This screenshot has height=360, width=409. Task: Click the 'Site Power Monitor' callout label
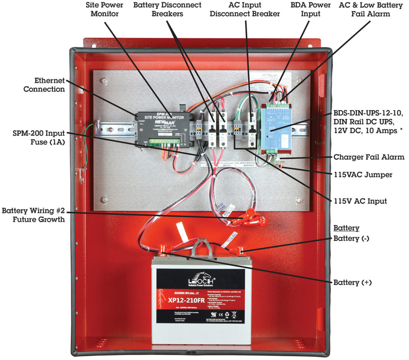point(104,9)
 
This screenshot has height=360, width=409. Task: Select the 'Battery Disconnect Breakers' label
point(167,9)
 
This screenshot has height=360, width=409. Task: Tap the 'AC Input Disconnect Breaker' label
point(245,9)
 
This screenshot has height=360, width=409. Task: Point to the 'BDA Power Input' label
point(310,9)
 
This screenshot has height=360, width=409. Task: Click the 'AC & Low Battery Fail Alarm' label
point(371,9)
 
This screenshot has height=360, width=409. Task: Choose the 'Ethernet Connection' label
point(44,85)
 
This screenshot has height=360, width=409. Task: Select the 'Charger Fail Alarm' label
point(369,157)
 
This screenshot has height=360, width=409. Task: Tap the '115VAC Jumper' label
point(363,174)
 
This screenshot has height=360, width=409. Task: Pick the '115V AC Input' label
point(360,201)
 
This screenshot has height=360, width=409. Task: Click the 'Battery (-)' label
point(351,239)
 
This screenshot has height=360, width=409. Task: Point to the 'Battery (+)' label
point(352,282)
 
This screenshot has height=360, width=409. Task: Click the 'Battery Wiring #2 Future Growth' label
point(33,215)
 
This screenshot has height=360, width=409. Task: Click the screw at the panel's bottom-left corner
point(103,200)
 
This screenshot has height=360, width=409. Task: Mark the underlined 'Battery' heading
point(346,228)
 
